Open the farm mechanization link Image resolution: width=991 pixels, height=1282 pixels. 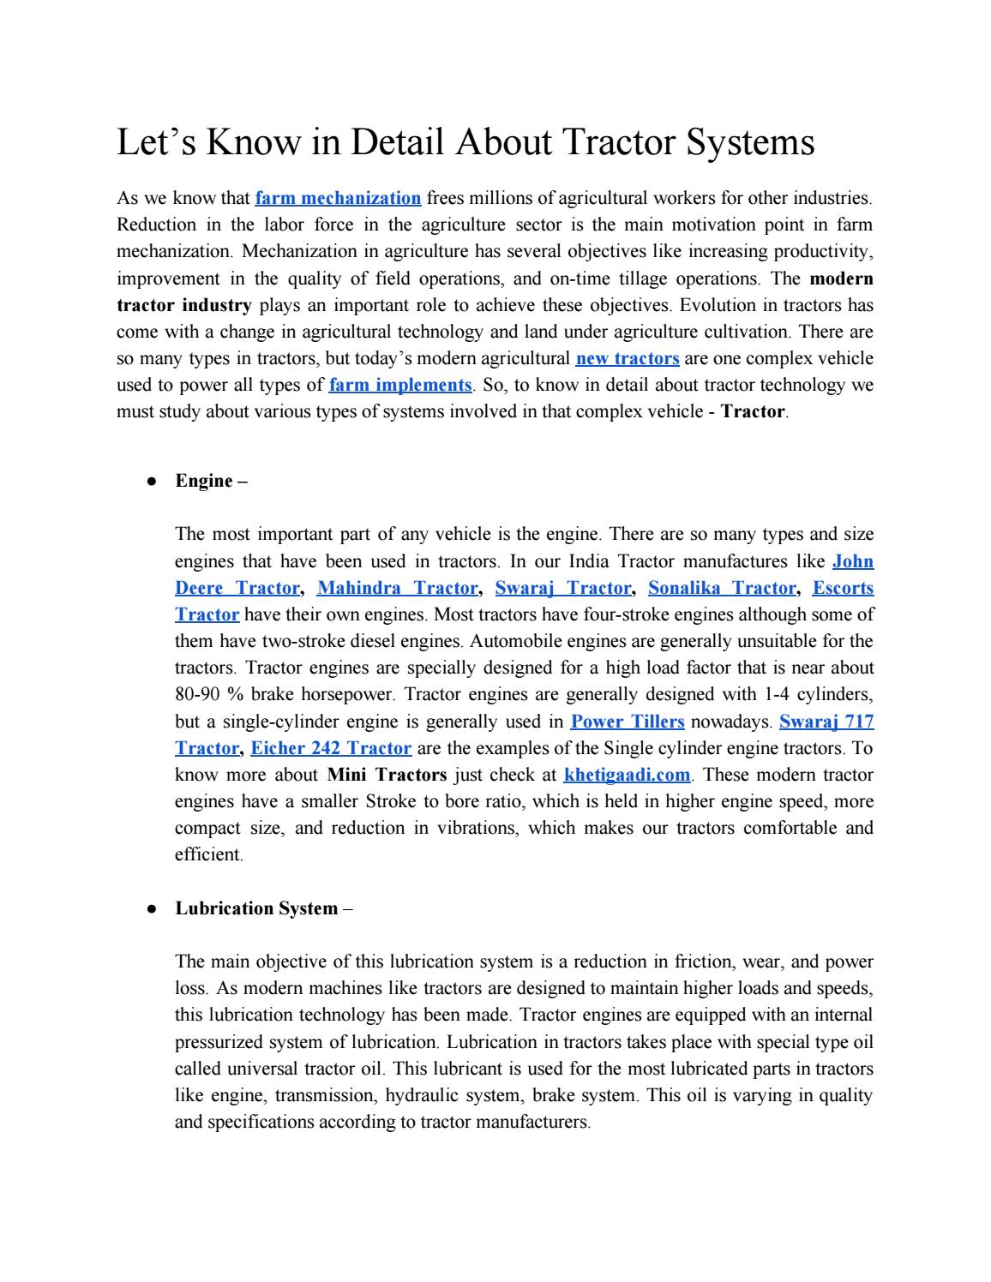pyautogui.click(x=338, y=199)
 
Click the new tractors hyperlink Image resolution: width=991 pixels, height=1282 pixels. pyautogui.click(x=628, y=358)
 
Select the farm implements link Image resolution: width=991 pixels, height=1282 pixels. pyautogui.click(x=399, y=385)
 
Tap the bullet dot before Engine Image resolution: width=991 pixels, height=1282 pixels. pyautogui.click(x=150, y=482)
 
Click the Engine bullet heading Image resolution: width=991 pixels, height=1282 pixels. pyautogui.click(x=211, y=481)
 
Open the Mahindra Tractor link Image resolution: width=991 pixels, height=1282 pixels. pyautogui.click(x=397, y=588)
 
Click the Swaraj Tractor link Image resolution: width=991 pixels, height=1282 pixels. pyautogui.click(x=563, y=588)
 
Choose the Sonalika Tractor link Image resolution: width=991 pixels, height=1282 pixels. pyautogui.click(x=722, y=588)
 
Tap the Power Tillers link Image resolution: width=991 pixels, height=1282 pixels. pyautogui.click(x=628, y=722)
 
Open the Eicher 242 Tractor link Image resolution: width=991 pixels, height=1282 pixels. pyautogui.click(x=331, y=748)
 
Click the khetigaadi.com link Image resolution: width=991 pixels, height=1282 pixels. pyautogui.click(x=627, y=776)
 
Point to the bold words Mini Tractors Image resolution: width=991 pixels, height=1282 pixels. pyautogui.click(x=387, y=776)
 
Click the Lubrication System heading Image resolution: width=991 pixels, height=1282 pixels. pyautogui.click(x=256, y=908)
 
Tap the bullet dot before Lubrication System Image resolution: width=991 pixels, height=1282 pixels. pyautogui.click(x=150, y=909)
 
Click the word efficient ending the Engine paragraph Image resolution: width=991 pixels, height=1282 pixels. pyautogui.click(x=208, y=855)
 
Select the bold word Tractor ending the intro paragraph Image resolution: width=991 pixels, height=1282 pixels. pyautogui.click(x=753, y=412)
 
